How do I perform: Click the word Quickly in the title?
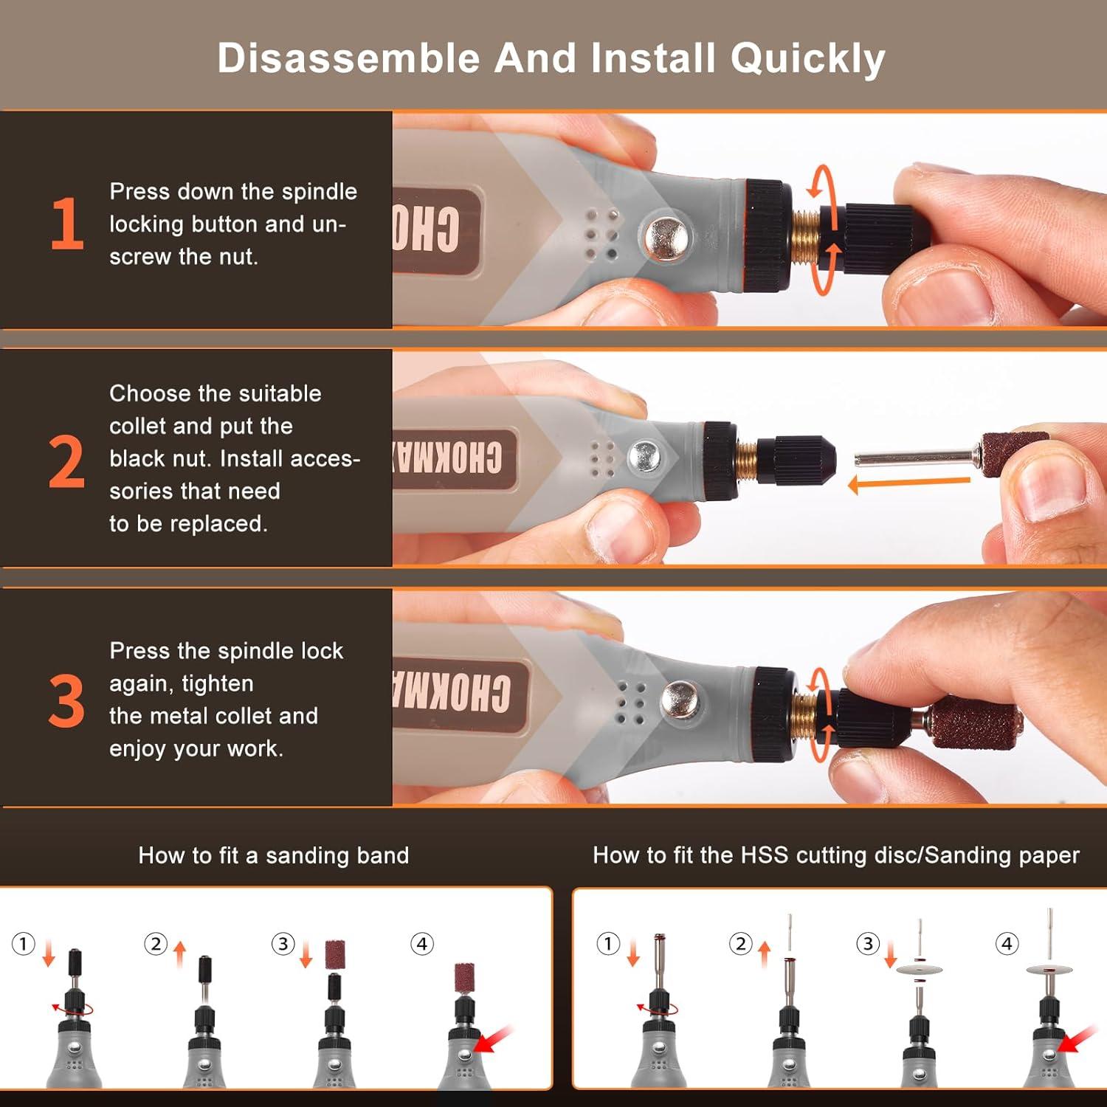[807, 59]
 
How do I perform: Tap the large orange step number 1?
[67, 224]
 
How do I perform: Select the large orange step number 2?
[66, 462]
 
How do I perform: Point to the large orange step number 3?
[66, 701]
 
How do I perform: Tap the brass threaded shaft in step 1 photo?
[807, 236]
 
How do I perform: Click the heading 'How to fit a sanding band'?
[273, 855]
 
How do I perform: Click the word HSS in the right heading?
[765, 855]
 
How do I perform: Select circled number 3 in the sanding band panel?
[283, 944]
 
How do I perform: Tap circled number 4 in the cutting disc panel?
[1007, 943]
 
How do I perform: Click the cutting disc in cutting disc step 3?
[920, 968]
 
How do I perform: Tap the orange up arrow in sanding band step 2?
[180, 953]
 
